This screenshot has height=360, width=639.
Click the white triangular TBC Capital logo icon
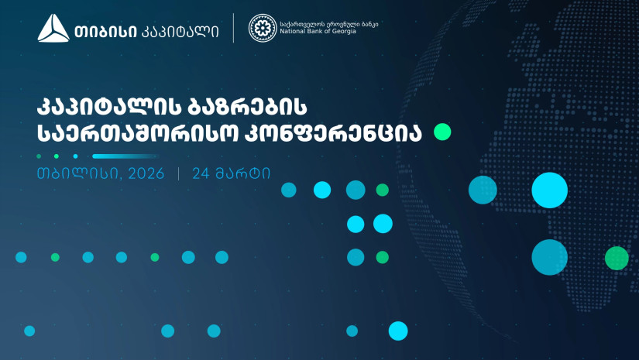pyautogui.click(x=53, y=28)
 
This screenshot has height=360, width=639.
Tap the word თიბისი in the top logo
pyautogui.click(x=105, y=32)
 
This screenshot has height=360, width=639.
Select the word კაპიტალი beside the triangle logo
pyautogui.click(x=180, y=32)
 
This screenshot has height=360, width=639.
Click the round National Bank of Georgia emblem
pyautogui.click(x=263, y=28)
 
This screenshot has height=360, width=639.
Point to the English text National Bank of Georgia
pyautogui.click(x=318, y=32)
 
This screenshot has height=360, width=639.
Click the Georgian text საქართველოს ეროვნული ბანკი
pyautogui.click(x=329, y=24)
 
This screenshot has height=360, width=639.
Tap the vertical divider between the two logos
pyautogui.click(x=233, y=28)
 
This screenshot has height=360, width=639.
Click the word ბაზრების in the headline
pyautogui.click(x=247, y=107)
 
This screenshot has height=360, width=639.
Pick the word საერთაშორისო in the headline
pyautogui.click(x=137, y=132)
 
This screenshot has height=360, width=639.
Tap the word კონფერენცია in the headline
pyautogui.click(x=333, y=132)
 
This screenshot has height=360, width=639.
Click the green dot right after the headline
pyautogui.click(x=442, y=132)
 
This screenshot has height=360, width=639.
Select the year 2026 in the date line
pyautogui.click(x=146, y=173)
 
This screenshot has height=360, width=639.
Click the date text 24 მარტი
pyautogui.click(x=231, y=173)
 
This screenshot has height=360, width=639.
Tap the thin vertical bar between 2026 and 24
pyautogui.click(x=178, y=174)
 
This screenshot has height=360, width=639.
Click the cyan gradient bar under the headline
pyautogui.click(x=124, y=156)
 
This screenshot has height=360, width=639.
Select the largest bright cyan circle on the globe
pyautogui.click(x=549, y=190)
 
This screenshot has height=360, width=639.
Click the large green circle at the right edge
pyautogui.click(x=617, y=258)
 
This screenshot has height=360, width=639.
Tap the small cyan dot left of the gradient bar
pyautogui.click(x=75, y=156)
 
